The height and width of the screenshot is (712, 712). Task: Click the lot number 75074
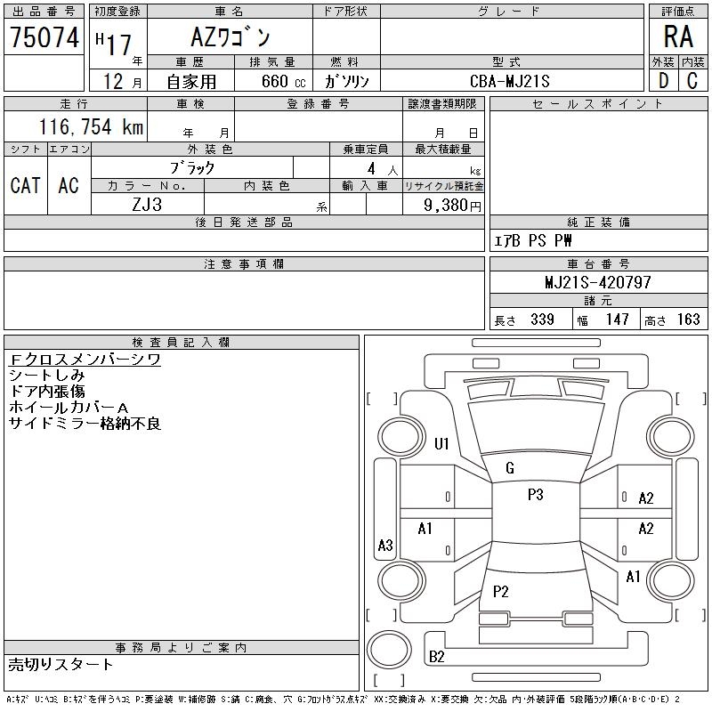pos(44,37)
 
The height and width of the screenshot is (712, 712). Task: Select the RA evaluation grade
pos(678,36)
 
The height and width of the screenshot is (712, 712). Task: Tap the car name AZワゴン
pos(231,37)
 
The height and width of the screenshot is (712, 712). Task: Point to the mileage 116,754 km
pos(91,126)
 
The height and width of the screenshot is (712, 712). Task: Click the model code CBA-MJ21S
pos(509,81)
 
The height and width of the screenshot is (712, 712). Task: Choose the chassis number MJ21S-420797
pos(597,282)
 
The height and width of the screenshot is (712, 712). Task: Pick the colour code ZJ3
pos(147,205)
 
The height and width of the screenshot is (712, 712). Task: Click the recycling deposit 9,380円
pos(452,206)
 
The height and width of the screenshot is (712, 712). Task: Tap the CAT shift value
pos(26,185)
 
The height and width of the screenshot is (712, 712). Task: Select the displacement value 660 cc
pos(284,81)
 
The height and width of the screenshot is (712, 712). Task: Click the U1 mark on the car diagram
pos(441,443)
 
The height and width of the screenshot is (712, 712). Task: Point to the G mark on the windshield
pos(510,468)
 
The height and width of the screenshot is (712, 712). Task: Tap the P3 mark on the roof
pos(536,495)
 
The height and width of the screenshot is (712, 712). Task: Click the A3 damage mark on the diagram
pos(385,545)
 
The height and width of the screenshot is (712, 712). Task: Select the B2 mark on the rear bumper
pos(436,657)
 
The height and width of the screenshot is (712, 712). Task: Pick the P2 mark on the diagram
pos(500,591)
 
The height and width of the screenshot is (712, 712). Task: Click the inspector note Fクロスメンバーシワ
pos(85,360)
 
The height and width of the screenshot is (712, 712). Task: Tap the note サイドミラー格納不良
pos(85,424)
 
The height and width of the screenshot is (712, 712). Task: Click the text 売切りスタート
pos(61,665)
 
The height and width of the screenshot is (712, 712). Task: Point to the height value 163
pos(688,320)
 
